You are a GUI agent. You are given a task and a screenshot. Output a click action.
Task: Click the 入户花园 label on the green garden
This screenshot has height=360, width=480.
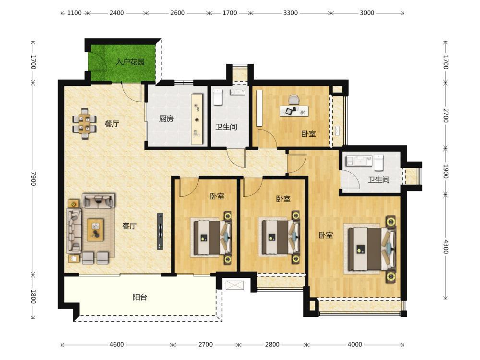click(130, 62)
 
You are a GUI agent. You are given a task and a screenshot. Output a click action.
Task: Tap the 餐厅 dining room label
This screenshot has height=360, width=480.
click(112, 124)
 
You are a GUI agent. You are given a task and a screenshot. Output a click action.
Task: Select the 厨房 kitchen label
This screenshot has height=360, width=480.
click(166, 119)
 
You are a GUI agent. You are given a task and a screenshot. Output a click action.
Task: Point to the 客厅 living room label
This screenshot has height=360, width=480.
click(129, 226)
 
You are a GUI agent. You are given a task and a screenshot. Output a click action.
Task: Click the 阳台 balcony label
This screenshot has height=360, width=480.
click(140, 297)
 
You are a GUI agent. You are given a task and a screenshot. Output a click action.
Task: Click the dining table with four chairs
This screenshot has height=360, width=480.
click(84, 124)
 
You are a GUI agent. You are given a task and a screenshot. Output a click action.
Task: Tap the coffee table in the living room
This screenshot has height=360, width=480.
click(95, 229)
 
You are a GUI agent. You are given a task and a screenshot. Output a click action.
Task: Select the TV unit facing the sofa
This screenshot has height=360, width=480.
click(160, 231)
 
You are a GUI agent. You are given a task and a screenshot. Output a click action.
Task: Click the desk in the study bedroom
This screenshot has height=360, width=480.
click(294, 111)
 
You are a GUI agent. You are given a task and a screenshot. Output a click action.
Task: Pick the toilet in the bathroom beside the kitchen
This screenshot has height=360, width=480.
click(217, 97)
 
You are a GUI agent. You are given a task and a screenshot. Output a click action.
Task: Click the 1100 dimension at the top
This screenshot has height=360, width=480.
click(74, 13)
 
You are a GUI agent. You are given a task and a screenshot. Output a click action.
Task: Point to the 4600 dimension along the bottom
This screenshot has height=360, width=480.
click(117, 345)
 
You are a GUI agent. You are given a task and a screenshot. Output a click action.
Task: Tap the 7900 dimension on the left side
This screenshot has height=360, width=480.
click(34, 179)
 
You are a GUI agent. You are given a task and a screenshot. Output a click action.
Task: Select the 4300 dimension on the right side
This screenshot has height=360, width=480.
click(446, 247)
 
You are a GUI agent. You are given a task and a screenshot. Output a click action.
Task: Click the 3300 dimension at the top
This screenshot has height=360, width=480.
click(290, 13)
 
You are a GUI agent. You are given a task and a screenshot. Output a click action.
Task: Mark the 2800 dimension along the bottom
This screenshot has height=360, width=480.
click(272, 345)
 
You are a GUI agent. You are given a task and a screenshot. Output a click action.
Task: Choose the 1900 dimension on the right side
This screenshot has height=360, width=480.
click(446, 172)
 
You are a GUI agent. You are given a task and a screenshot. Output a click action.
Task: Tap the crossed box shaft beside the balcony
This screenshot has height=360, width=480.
click(235, 285)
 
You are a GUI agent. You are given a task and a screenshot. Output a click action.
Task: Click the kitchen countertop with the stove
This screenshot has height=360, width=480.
click(197, 120)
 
